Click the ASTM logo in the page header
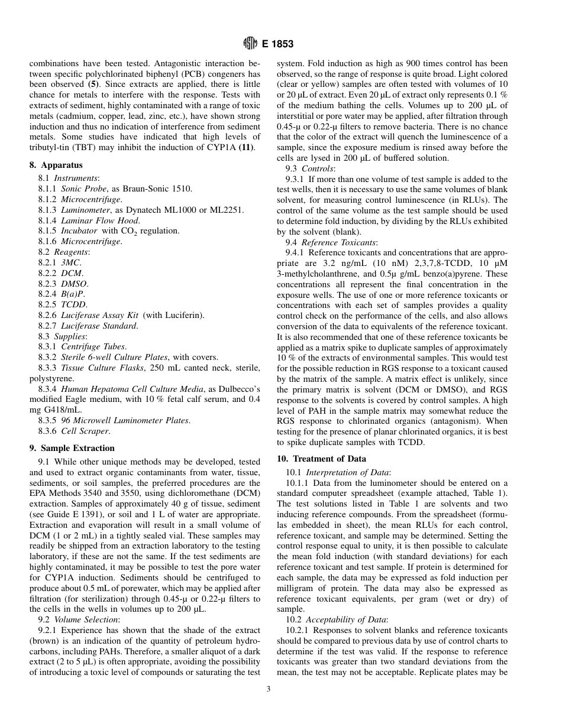[250, 44]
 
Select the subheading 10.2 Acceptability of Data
[337, 619]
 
